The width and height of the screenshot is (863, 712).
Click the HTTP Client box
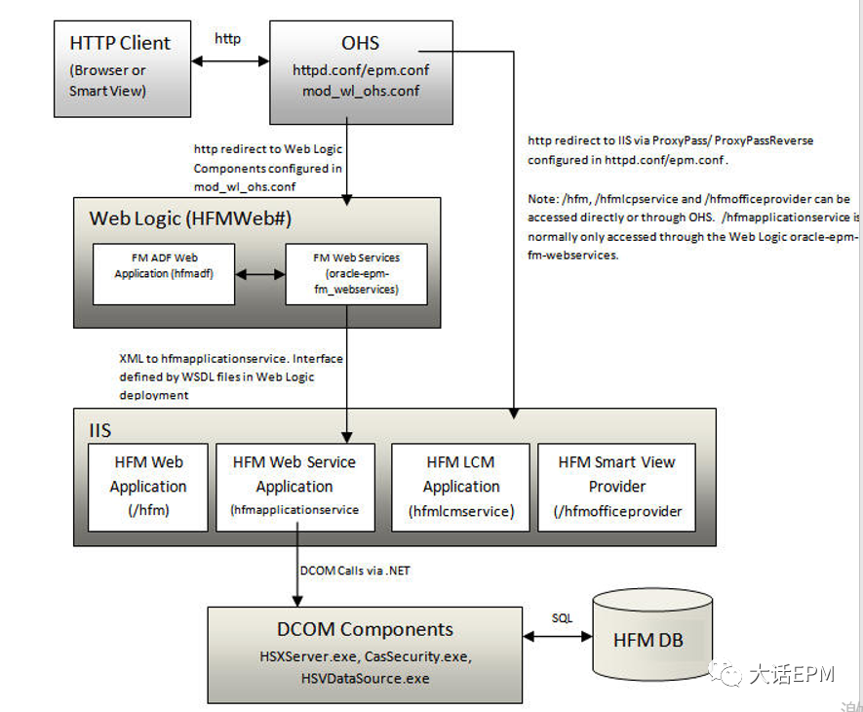coord(120,69)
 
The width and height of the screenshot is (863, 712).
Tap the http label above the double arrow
coord(228,40)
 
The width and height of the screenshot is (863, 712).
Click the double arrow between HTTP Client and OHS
coord(229,60)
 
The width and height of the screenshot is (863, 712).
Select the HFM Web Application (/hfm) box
coord(147,486)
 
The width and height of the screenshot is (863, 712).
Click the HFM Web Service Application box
coord(294,486)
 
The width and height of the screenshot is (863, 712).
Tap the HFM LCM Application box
coord(461,486)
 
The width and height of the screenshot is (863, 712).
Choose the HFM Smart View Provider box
coord(616,486)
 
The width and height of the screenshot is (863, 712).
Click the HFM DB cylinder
coord(647,641)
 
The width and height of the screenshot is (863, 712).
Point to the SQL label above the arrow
coord(563,619)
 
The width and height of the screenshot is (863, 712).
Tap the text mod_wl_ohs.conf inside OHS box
coord(361,92)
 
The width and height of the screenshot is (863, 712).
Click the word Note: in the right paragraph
coord(543,198)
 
